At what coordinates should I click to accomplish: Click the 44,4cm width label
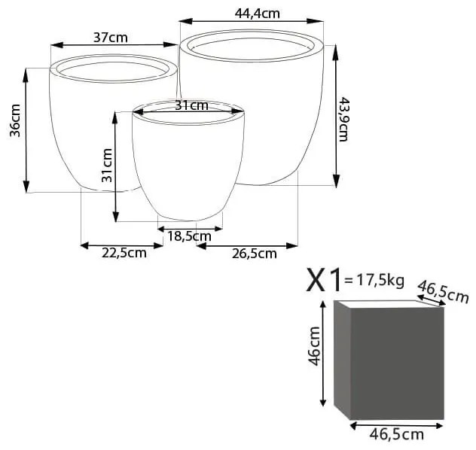(257, 13)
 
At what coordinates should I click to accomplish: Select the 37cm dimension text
(111, 38)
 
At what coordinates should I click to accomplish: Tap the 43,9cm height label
(343, 119)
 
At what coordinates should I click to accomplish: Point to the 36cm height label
(15, 120)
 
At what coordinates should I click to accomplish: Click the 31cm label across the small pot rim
(192, 105)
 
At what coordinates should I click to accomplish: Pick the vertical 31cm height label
(107, 166)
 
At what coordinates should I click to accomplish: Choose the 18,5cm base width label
(190, 236)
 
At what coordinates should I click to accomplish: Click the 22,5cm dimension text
(124, 253)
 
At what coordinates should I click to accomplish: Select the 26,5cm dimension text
(255, 254)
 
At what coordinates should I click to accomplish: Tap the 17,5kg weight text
(380, 280)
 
